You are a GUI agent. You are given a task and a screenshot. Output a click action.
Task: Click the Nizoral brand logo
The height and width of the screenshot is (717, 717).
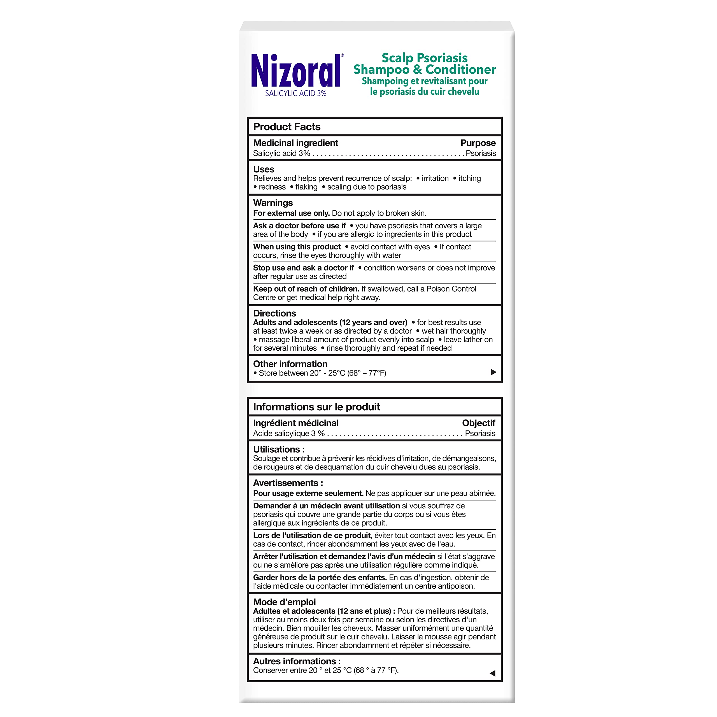point(296,71)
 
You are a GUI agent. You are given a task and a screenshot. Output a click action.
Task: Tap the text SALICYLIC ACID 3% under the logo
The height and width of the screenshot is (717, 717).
point(296,94)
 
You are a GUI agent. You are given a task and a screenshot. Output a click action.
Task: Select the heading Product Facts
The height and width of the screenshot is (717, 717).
point(287,127)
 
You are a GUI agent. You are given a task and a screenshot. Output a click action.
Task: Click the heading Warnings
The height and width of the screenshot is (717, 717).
point(273,203)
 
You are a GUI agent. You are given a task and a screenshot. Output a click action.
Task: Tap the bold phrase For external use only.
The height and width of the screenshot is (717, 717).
point(291,213)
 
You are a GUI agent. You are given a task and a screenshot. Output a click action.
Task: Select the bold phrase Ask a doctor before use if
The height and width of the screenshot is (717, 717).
point(299,226)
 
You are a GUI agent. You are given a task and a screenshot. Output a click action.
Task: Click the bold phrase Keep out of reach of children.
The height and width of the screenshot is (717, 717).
point(306,289)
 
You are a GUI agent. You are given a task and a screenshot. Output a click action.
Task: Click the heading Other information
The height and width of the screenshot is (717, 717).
point(290,364)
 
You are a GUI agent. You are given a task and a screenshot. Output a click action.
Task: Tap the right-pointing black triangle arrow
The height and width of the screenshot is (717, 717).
point(493,372)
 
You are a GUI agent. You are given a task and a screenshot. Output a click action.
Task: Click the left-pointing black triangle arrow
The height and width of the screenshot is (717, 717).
point(492,673)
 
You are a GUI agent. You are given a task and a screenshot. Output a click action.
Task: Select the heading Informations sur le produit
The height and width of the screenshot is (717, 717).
point(316,407)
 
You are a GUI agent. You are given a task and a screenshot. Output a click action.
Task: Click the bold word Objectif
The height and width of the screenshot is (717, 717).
point(478,423)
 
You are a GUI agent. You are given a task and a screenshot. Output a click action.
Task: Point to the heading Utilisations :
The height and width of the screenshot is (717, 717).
point(279,450)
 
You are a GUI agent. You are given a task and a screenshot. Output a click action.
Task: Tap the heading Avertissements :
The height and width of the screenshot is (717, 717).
point(288,483)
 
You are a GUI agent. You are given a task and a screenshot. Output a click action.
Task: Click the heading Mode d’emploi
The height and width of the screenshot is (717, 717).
point(284,602)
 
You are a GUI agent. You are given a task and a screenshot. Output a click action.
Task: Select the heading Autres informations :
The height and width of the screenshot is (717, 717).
point(297,661)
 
